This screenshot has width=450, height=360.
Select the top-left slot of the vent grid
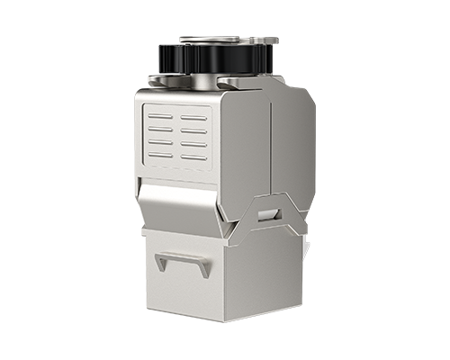160,116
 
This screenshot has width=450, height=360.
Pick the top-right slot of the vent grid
193,118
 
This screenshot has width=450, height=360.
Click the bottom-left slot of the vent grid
160,154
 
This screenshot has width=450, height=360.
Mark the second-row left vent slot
160,129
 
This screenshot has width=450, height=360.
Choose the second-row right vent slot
193,131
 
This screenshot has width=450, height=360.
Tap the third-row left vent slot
160,141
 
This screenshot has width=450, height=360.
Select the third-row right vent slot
193,144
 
